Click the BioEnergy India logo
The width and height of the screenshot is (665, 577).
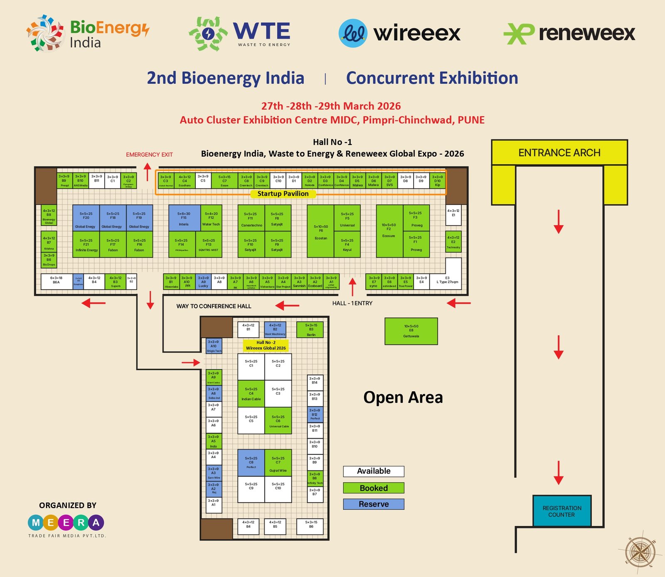tap(87, 33)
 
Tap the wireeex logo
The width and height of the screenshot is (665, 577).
tap(399, 33)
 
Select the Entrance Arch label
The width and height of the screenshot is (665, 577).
tap(559, 153)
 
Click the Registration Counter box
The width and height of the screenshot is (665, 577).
tap(562, 511)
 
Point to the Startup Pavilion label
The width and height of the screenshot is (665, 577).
tap(283, 194)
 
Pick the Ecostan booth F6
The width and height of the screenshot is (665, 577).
tap(320, 231)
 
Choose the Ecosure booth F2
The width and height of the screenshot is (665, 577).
tap(389, 231)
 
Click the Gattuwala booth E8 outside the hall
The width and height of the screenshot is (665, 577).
tap(411, 331)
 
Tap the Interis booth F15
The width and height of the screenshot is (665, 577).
tap(184, 218)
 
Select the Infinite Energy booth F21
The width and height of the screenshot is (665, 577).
tap(86, 245)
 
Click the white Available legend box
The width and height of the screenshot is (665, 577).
tap(373, 471)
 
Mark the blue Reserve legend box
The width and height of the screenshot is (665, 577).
tap(373, 504)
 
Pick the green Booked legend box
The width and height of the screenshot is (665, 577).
tap(373, 488)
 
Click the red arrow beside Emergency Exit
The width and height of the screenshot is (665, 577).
tap(148, 172)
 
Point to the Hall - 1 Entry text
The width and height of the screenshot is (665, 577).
tap(352, 303)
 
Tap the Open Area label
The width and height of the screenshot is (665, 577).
tap(403, 397)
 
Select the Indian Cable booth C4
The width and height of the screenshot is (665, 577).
tap(251, 393)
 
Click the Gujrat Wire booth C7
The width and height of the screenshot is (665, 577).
tap(278, 463)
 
